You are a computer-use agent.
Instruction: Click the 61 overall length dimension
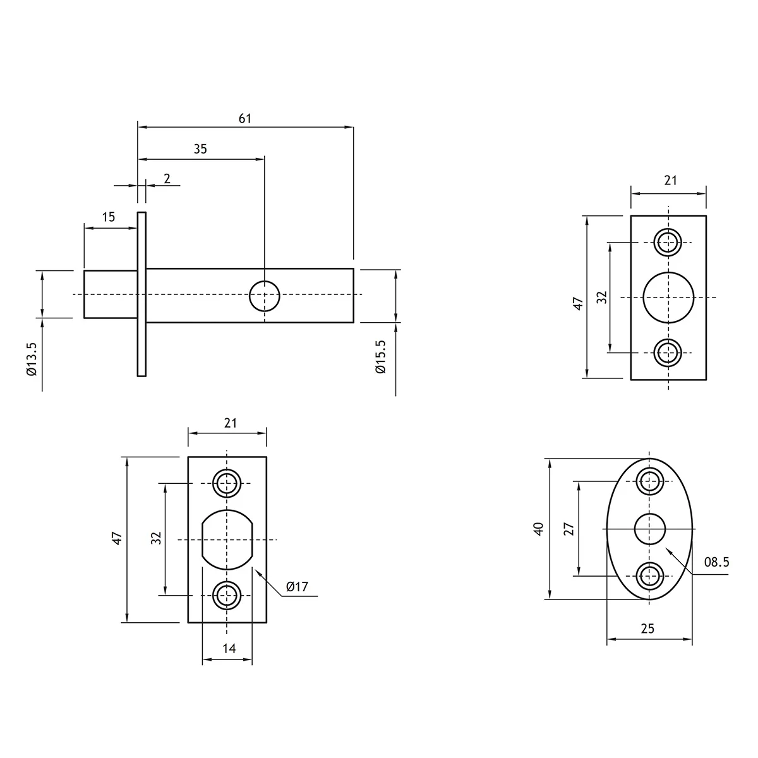(244, 118)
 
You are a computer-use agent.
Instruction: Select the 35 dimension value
(200, 149)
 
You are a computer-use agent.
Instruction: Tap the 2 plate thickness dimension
(167, 179)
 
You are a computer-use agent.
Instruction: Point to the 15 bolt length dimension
(109, 217)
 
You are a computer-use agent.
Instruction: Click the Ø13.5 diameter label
(32, 359)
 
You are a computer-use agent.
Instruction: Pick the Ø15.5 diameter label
(381, 357)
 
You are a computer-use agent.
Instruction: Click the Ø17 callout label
(297, 587)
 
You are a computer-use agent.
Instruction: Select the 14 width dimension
(229, 648)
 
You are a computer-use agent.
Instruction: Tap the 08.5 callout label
(717, 562)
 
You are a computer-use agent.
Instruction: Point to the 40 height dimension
(539, 529)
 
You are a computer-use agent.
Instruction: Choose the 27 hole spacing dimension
(569, 529)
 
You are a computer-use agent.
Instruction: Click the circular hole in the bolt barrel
(265, 296)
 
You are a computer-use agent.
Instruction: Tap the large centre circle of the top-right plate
(668, 298)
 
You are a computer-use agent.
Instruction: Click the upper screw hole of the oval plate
(649, 481)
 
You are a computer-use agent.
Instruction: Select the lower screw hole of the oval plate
(649, 576)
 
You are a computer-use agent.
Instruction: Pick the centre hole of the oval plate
(649, 529)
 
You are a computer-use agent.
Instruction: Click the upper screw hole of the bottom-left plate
(227, 483)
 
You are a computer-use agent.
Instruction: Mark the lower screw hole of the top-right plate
(668, 352)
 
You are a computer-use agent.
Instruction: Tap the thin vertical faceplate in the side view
(141, 294)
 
